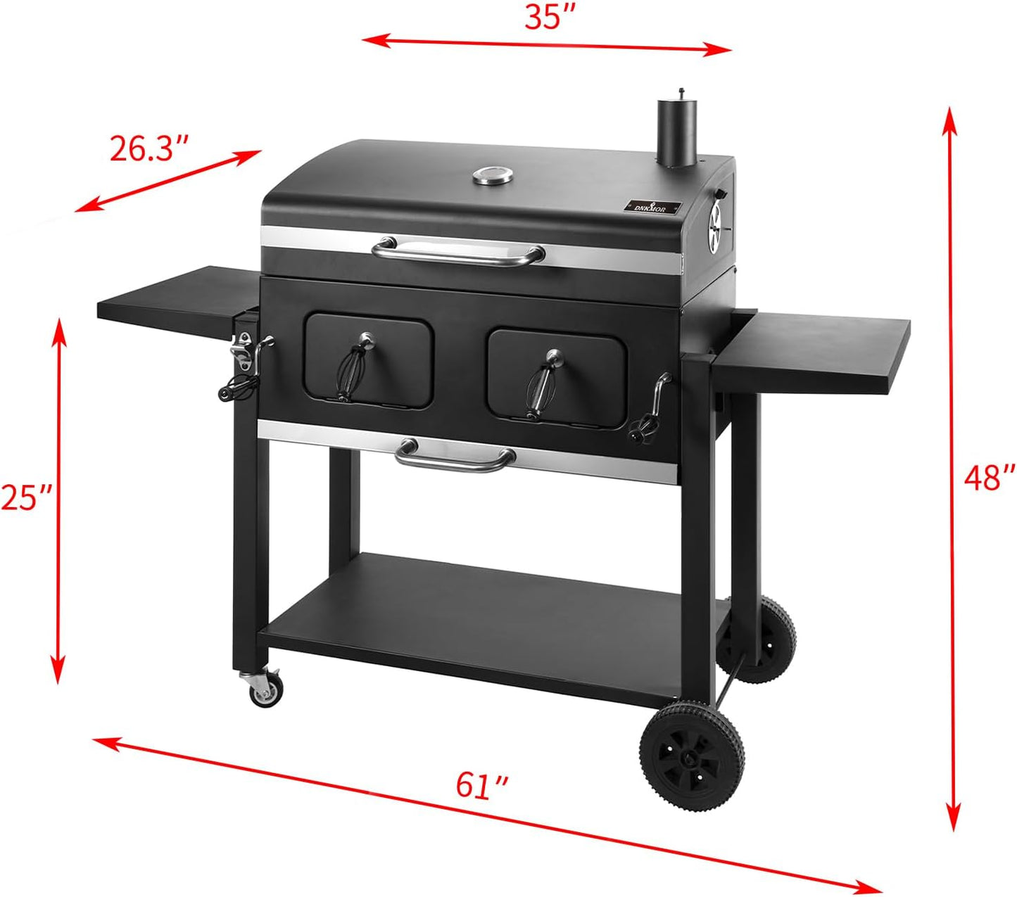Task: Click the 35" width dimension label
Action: pyautogui.click(x=551, y=17)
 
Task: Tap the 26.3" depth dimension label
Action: pyautogui.click(x=149, y=148)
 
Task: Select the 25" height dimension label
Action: pyautogui.click(x=25, y=497)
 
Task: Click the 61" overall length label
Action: pyautogui.click(x=482, y=785)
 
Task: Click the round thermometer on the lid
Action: pyautogui.click(x=492, y=176)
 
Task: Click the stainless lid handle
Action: pyautogui.click(x=458, y=251)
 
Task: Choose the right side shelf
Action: pyautogui.click(x=816, y=344)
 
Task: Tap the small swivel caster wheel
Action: pyautogui.click(x=265, y=691)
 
